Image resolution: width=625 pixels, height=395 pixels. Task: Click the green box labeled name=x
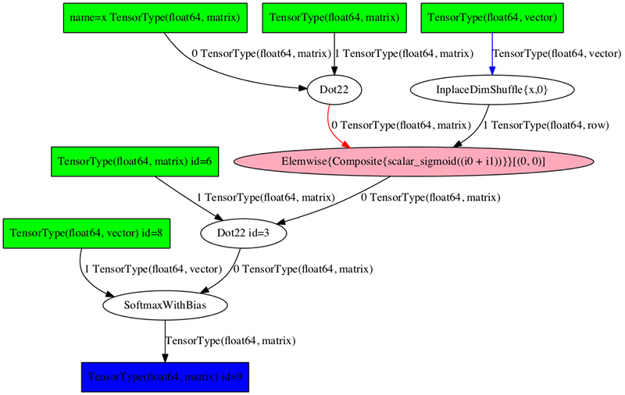click(155, 17)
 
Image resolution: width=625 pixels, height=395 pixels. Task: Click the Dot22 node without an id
click(334, 90)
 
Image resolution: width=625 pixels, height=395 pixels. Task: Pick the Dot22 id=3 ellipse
click(240, 233)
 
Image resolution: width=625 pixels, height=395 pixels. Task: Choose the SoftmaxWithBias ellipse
click(165, 304)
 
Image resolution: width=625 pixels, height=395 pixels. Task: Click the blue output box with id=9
click(166, 376)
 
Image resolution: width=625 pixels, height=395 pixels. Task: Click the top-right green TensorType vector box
click(492, 17)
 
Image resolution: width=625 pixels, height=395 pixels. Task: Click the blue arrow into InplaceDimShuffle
click(492, 55)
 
